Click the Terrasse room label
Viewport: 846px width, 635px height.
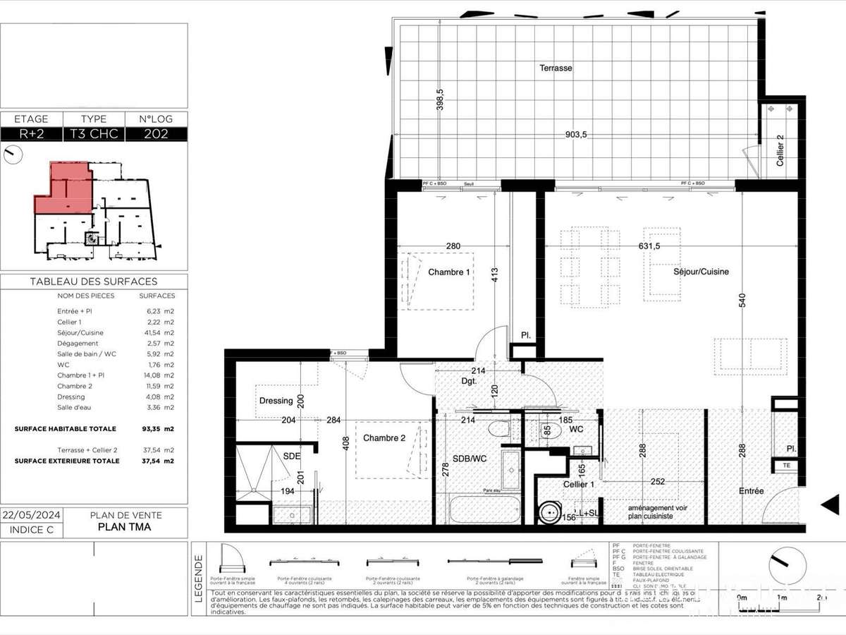click(556, 68)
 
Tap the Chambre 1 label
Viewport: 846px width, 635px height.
click(449, 272)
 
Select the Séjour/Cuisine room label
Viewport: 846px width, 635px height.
click(701, 272)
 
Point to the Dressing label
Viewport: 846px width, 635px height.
click(276, 401)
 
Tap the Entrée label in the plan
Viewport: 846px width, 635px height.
click(751, 491)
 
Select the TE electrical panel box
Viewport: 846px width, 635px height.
click(786, 466)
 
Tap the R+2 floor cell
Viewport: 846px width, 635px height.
click(31, 134)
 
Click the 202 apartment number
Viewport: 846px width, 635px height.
click(156, 134)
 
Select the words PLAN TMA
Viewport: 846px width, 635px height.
click(124, 526)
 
